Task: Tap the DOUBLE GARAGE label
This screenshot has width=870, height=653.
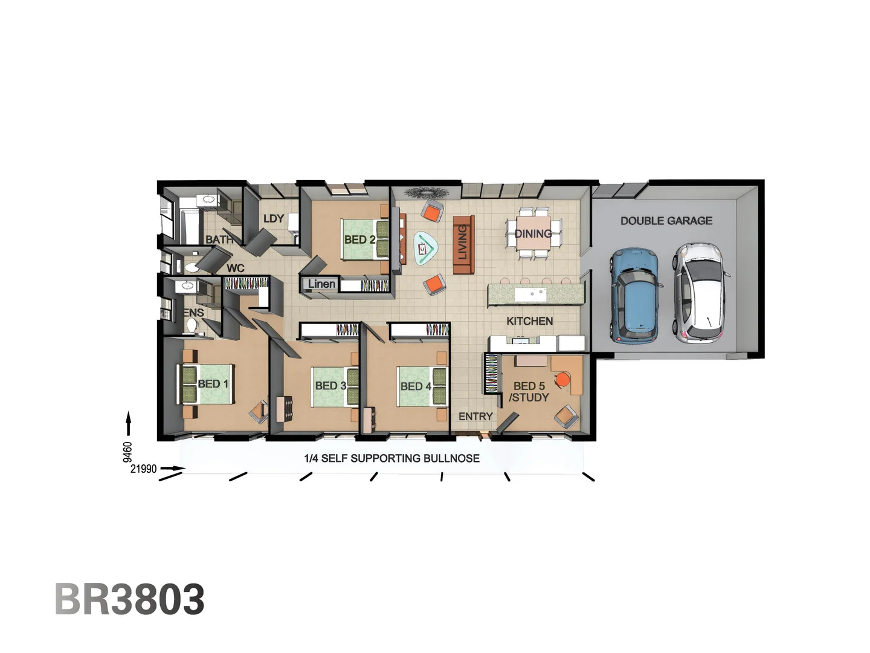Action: tap(666, 221)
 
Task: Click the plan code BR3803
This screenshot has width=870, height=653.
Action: tap(130, 599)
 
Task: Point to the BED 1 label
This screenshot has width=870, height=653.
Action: tap(213, 383)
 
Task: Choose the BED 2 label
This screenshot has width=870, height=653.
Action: tap(359, 239)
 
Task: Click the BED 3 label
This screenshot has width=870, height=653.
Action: tap(330, 385)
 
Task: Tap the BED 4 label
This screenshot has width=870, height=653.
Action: tap(416, 386)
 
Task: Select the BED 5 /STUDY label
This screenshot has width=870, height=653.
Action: tap(529, 391)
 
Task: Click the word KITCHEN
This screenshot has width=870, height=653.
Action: tap(529, 321)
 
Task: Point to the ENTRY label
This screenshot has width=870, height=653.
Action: tap(475, 416)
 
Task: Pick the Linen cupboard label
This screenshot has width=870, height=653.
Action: tap(321, 284)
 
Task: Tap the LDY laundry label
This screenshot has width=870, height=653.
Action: tap(274, 218)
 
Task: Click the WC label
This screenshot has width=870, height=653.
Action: tap(236, 268)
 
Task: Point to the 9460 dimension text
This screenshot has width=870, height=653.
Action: tap(127, 452)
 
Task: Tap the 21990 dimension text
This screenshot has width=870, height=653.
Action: tap(143, 469)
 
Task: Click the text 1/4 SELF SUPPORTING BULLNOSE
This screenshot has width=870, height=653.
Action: tap(391, 458)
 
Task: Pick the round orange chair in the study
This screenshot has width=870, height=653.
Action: tap(562, 379)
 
